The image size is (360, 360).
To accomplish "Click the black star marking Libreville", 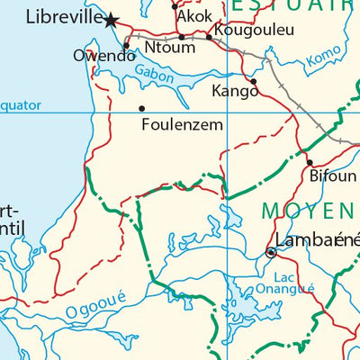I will [x=112, y=20].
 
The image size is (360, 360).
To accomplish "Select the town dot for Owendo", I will [x=126, y=45].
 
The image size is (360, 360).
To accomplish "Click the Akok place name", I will [x=195, y=17].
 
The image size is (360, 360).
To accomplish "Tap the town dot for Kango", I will [x=254, y=81].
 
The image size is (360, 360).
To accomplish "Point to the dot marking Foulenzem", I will [x=141, y=109].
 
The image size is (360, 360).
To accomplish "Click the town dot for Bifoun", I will [x=309, y=163].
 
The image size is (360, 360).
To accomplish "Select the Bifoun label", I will [x=332, y=176].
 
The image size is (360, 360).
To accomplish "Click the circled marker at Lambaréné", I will [x=271, y=253].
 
